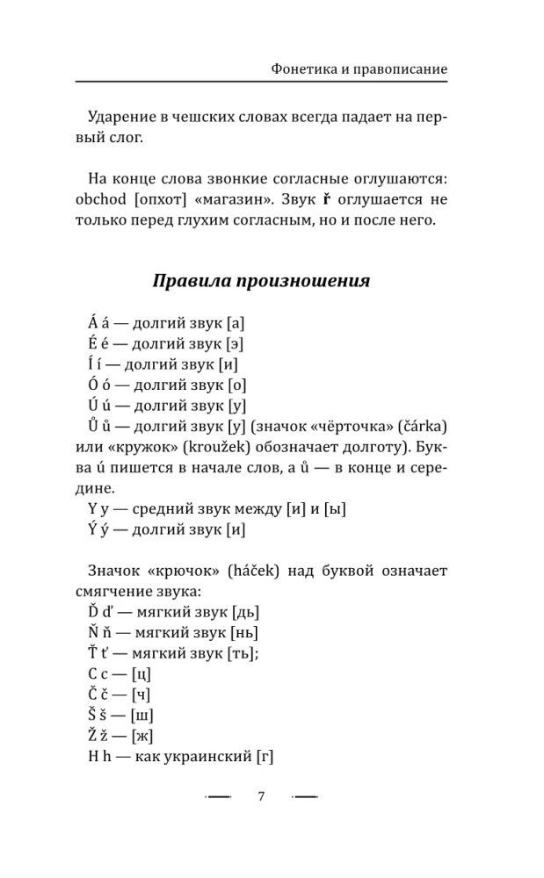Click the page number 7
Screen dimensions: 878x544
[261, 796]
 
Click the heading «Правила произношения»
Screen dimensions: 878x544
[261, 282]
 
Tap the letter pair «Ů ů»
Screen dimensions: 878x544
[98, 427]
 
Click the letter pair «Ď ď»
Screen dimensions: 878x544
[99, 613]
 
